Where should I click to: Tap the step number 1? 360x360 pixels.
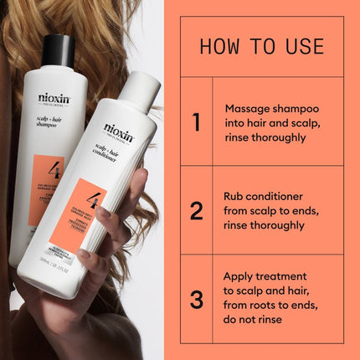pyautogui.click(x=196, y=122)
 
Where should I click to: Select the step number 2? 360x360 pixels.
pyautogui.click(x=196, y=210)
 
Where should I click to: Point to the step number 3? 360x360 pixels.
pyautogui.click(x=196, y=299)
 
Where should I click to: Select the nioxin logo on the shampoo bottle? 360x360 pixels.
pyautogui.click(x=54, y=98)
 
